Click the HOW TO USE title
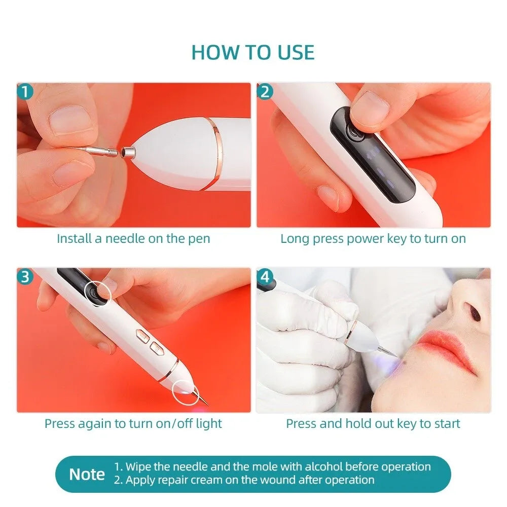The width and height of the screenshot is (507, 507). point(253,52)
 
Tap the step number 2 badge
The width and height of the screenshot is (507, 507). point(265,92)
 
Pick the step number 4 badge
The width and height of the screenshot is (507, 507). point(265,277)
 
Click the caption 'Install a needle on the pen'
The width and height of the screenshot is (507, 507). point(133,239)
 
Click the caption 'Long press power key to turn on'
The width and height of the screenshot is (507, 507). point(373,239)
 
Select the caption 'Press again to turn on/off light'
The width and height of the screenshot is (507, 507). point(133,423)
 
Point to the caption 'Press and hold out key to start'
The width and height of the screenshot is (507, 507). point(373,423)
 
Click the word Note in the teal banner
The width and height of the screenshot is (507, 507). point(87,475)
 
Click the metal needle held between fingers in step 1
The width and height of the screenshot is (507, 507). point(91,149)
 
